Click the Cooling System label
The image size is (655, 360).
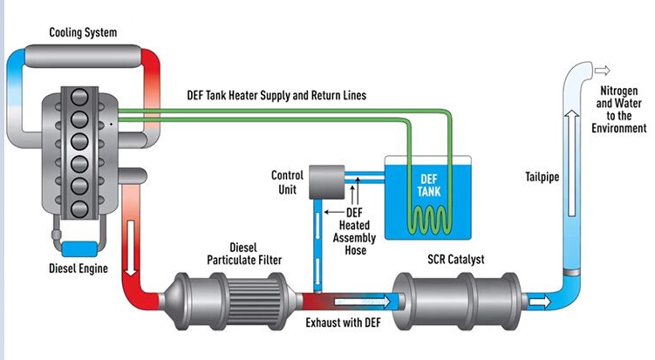pos(82,33)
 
